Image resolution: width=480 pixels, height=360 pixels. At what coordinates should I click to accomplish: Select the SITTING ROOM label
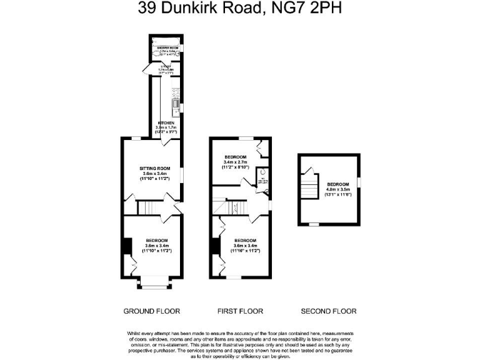click(154, 168)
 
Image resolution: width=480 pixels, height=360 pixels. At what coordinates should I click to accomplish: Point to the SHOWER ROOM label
click(165, 47)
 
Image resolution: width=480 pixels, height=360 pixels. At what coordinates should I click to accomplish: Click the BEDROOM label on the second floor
click(337, 184)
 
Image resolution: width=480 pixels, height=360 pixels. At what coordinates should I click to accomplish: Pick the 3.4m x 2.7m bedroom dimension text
click(236, 162)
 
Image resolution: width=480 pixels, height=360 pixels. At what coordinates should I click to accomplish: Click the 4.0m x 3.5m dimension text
click(337, 189)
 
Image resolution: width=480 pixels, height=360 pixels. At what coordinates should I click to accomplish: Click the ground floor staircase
click(147, 207)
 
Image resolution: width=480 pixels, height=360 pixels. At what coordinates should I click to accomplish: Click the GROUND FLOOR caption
click(151, 311)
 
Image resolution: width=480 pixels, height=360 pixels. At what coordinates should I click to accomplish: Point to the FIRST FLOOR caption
click(240, 311)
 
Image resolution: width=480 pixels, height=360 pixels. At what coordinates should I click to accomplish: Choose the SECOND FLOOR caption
click(329, 311)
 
